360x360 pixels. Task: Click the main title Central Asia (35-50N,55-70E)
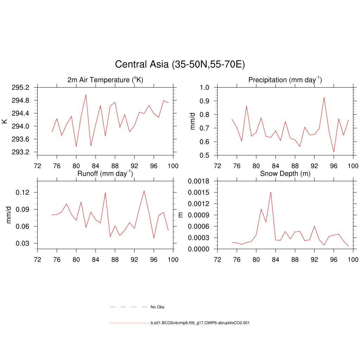pyautogui.click(x=180, y=65)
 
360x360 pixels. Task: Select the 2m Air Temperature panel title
pyautogui.click(x=105, y=80)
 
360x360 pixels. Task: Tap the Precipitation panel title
pyautogui.click(x=285, y=80)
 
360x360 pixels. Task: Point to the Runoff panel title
pyautogui.click(x=105, y=174)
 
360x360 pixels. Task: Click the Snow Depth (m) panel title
pyautogui.click(x=285, y=174)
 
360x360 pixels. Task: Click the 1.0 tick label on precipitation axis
pyautogui.click(x=205, y=88)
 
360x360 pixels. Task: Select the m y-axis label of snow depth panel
pyautogui.click(x=181, y=215)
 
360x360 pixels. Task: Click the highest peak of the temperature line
pyautogui.click(x=86, y=95)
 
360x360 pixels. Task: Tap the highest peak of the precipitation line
pyautogui.click(x=324, y=97)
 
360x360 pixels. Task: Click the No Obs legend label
pyautogui.click(x=157, y=307)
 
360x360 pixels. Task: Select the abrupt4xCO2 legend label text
pyautogui.click(x=200, y=323)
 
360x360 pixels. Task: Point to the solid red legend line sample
pyautogui.click(x=129, y=323)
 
